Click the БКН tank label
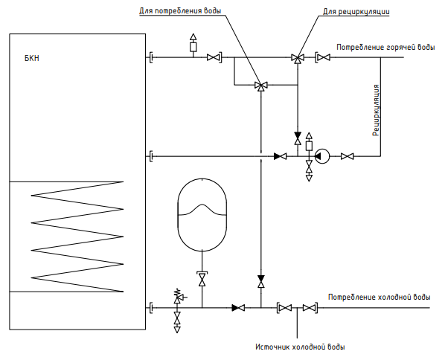click(32, 59)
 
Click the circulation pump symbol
click(322, 156)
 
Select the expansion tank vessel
click(202, 215)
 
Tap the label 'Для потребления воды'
click(180, 11)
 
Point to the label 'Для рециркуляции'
click(356, 12)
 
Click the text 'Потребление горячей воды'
click(385, 47)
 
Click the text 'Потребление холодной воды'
click(380, 297)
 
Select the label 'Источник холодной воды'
click(300, 347)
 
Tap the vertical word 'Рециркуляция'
click(376, 110)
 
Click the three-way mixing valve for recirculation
click(298, 59)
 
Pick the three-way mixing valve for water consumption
click(261, 86)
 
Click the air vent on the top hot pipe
click(193, 43)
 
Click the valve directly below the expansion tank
click(202, 279)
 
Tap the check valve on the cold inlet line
click(238, 308)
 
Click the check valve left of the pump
click(280, 156)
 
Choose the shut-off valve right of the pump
click(347, 156)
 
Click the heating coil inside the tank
click(77, 237)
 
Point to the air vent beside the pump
click(309, 142)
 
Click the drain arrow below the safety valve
click(177, 330)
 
